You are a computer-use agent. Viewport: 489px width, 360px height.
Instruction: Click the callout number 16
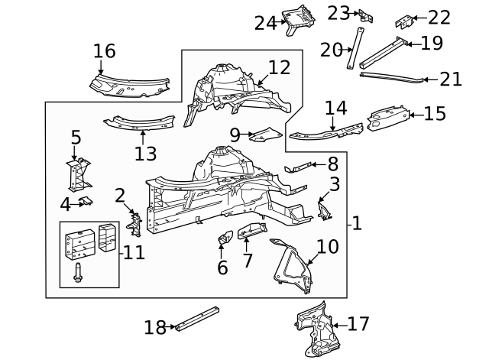point(104,51)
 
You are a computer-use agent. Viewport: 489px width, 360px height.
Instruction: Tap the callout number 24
point(265,23)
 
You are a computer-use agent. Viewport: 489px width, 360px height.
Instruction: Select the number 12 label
point(279,67)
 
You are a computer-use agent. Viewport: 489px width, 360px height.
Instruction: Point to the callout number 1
point(357,224)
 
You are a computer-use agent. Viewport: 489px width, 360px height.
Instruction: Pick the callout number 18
point(155,328)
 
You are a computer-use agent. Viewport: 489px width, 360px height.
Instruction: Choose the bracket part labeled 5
point(77,175)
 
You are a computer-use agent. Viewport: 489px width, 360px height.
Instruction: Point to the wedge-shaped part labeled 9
point(264,135)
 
